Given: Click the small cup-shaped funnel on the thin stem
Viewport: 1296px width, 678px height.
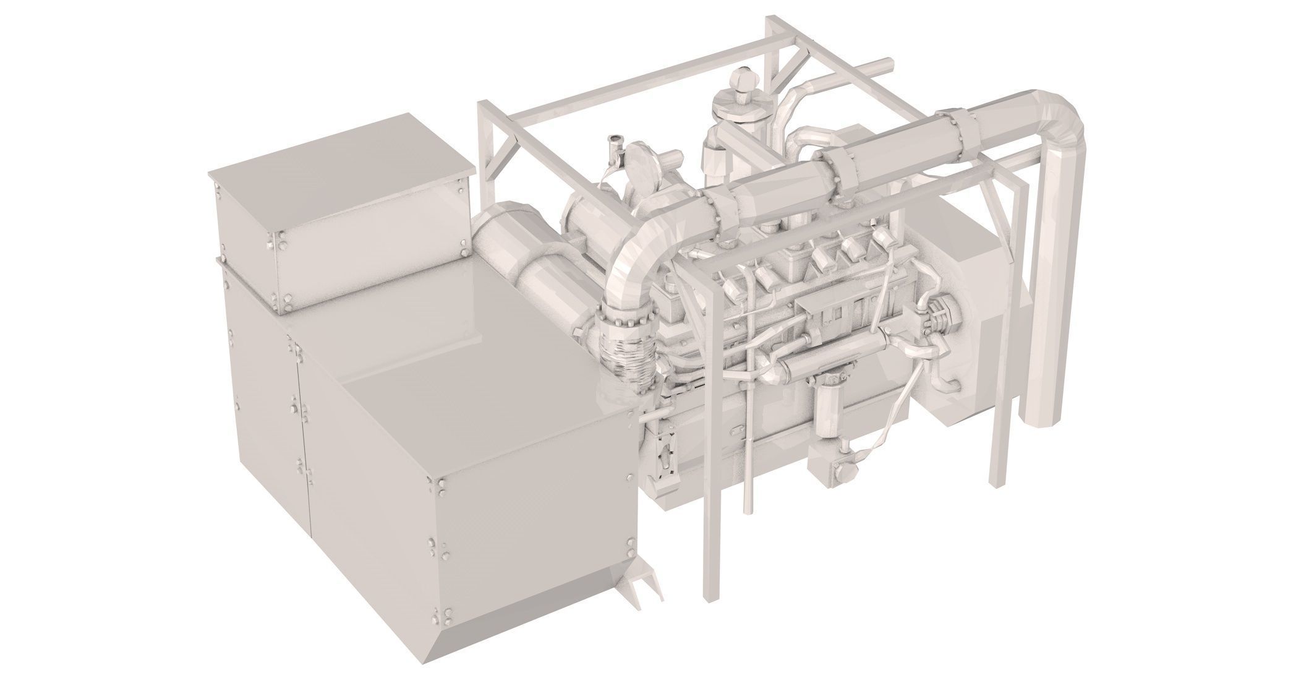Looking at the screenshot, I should [615, 142].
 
